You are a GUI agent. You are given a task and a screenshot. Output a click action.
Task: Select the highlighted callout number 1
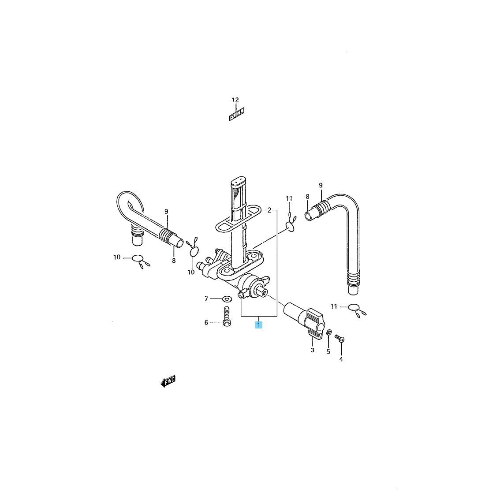(258, 325)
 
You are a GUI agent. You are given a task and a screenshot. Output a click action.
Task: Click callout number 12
(235, 100)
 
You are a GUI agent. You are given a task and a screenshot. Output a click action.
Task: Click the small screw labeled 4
(340, 339)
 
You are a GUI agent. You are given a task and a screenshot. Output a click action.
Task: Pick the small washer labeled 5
(329, 332)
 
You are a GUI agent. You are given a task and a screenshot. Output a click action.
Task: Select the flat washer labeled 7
(227, 299)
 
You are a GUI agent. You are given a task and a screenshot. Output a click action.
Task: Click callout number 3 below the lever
(312, 351)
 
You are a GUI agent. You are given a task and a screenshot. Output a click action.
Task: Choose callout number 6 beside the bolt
(206, 323)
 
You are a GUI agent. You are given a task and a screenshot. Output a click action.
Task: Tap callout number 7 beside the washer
(206, 299)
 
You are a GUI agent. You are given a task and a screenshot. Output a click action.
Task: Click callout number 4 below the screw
(340, 359)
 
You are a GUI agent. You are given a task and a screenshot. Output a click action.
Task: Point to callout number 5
(328, 351)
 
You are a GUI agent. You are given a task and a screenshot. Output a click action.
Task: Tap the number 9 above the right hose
(321, 185)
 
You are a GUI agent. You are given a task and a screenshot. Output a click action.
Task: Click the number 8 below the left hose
(174, 261)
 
